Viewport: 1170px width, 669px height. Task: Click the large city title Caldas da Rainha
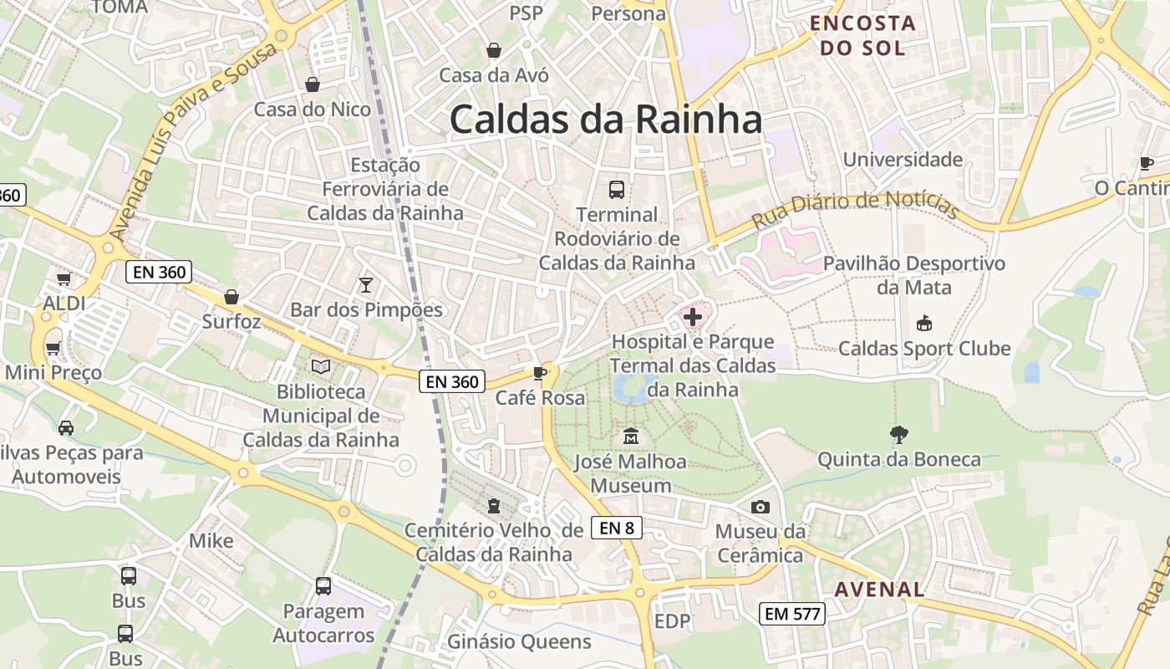point(606,120)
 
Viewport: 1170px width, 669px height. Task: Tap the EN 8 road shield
point(617,528)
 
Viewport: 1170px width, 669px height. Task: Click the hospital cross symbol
point(693,317)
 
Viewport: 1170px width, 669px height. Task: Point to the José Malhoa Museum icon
point(630,437)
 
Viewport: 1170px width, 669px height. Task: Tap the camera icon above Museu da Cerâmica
point(760,507)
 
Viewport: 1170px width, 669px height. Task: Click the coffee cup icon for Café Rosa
point(540,373)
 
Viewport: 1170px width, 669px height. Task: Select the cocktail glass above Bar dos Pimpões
point(365,285)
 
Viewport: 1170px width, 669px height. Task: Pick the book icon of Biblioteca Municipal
point(321,366)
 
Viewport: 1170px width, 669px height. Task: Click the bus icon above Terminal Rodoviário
point(617,190)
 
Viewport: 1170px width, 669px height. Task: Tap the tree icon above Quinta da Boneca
point(898,434)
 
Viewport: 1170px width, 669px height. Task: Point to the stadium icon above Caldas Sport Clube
point(923,323)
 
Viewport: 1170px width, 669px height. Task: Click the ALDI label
point(64,303)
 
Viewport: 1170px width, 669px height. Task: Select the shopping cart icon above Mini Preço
point(53,347)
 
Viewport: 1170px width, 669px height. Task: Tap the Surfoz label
point(231,321)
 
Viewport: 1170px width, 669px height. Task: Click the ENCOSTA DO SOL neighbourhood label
point(863,35)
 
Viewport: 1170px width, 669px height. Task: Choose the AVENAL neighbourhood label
point(880,589)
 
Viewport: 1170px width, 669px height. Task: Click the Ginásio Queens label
point(519,641)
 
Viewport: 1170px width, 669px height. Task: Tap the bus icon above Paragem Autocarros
point(323,586)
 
